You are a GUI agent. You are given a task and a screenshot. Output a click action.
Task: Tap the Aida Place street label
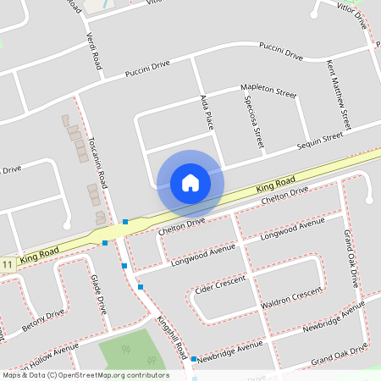(207, 112)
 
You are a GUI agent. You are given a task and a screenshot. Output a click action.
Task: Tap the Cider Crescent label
(219, 284)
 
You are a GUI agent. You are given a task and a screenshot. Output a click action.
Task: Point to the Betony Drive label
(42, 320)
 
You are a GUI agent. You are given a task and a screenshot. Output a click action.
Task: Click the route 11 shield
(8, 265)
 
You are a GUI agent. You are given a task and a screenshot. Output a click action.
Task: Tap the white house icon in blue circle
(190, 182)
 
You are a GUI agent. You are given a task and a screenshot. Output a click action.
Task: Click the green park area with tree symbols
(127, 354)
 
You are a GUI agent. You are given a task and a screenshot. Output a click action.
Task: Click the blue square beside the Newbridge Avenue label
(194, 360)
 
